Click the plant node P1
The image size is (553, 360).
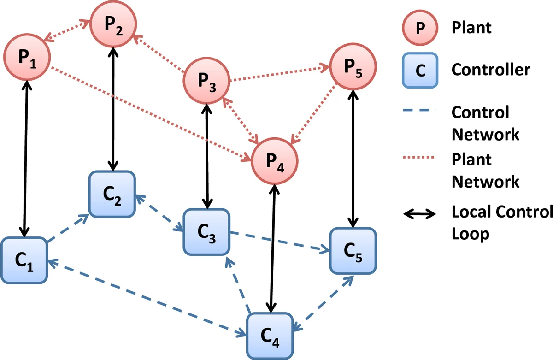[x=27, y=56]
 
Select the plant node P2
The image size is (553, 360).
[x=113, y=24]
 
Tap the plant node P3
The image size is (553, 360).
[x=206, y=82]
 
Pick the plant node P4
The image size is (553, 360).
[x=275, y=160]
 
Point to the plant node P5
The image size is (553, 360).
[x=353, y=67]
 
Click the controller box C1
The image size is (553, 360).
[x=24, y=261]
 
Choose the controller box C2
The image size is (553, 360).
[x=112, y=194]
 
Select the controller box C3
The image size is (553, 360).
[x=206, y=232]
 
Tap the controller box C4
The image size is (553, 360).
[x=271, y=336]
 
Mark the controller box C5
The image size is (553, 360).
[x=353, y=251]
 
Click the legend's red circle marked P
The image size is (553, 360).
[x=418, y=27]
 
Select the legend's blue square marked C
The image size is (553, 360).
[x=418, y=70]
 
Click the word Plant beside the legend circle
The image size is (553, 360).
[x=471, y=28]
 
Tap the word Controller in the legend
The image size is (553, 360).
[x=491, y=70]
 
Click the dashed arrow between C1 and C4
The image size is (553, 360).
[x=147, y=296]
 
